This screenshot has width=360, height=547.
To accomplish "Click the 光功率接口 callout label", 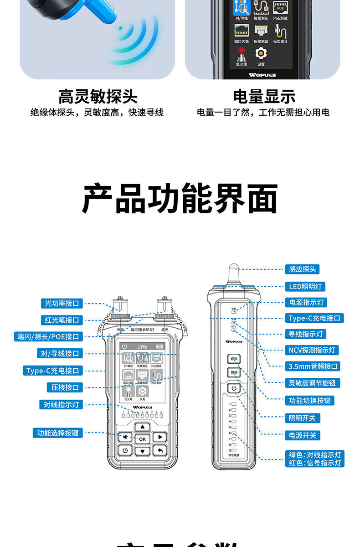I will [x=62, y=303].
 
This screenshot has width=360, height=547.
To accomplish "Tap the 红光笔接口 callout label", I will [x=62, y=320].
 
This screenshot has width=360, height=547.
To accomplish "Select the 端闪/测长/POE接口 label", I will [x=48, y=337].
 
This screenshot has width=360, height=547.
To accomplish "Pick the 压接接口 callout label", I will [x=65, y=387].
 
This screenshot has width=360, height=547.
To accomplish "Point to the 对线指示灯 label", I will [x=61, y=404].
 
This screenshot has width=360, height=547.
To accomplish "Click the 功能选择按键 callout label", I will [x=58, y=433].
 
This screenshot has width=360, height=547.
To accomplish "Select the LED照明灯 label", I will [x=305, y=287].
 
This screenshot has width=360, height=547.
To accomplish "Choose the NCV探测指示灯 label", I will [x=312, y=350].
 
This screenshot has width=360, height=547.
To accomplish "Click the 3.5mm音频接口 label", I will [x=314, y=366].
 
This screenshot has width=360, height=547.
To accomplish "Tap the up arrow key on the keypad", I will [x=142, y=427].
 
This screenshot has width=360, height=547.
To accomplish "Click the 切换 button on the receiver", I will [x=234, y=359].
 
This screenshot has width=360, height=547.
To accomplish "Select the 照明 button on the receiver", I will [x=234, y=373].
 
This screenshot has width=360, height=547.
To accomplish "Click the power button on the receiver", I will [x=234, y=389].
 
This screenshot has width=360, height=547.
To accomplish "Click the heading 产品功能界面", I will [x=180, y=199].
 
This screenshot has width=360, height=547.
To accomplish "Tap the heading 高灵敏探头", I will [x=98, y=97].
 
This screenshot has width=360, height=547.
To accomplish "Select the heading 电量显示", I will [x=264, y=97].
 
